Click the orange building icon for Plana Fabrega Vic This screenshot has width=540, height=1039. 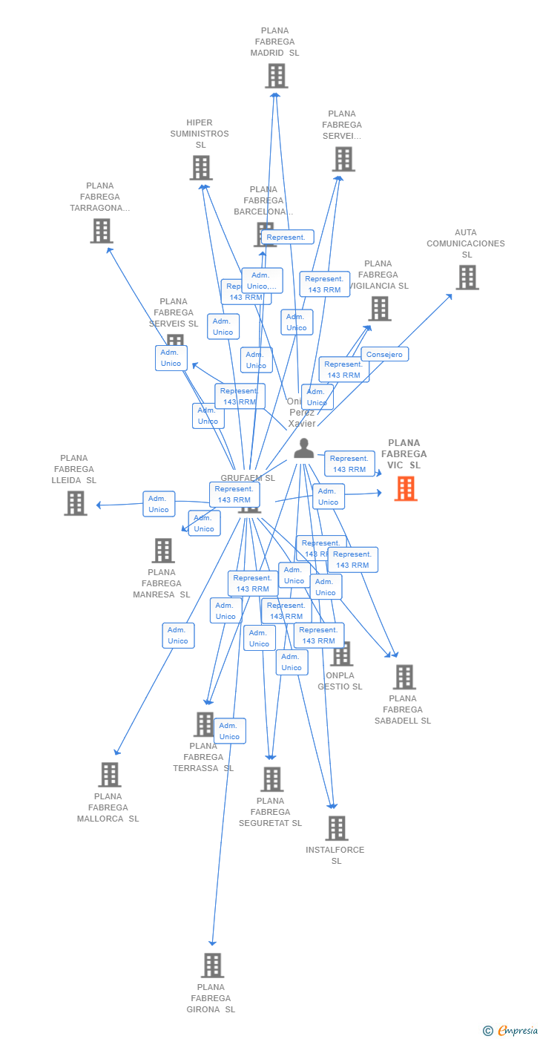coord(406,488)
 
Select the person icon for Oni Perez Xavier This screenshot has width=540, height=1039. coord(303,448)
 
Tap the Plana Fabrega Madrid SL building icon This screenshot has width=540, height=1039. coord(276,76)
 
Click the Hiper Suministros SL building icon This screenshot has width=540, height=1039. coord(201,168)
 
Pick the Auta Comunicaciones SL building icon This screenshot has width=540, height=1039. coord(467,278)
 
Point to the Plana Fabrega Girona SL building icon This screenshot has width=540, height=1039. coord(212,966)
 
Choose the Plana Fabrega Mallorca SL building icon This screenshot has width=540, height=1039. coord(110,775)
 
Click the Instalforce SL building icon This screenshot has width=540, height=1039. coord(336,828)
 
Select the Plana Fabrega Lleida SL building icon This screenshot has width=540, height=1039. coord(75,503)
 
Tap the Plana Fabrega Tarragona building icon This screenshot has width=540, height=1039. coord(101,231)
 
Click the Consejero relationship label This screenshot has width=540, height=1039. coord(384,354)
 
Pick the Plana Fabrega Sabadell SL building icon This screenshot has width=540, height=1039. coord(404,677)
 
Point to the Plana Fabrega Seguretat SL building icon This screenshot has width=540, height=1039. coord(272,779)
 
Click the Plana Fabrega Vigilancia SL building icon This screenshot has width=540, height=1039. coord(380,309)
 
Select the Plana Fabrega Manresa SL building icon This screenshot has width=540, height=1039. coord(163,551)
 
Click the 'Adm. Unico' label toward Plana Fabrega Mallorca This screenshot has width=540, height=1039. coord(178,635)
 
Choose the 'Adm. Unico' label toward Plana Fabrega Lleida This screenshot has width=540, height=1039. coord(159,504)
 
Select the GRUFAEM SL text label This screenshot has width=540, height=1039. coord(247,478)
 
